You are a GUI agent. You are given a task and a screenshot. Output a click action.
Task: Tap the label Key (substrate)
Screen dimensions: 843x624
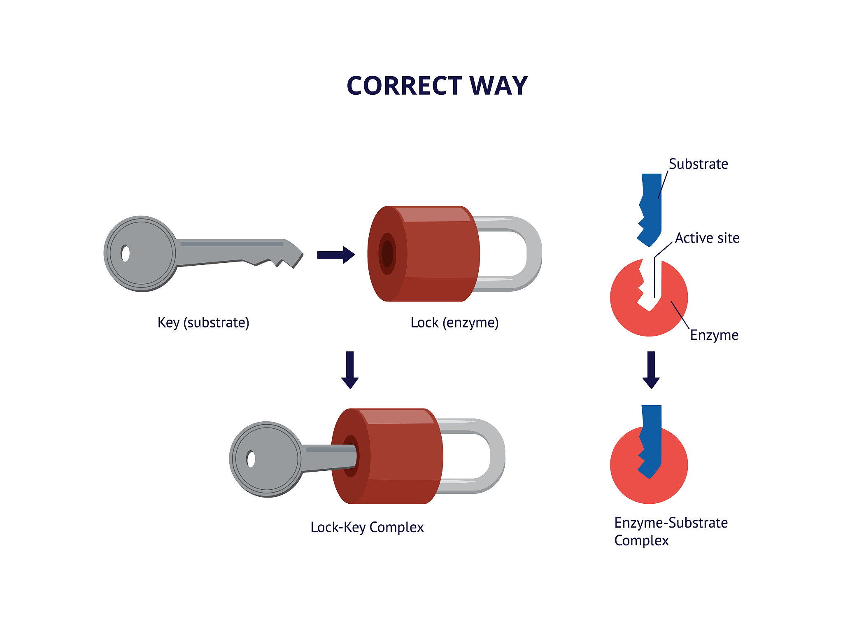tap(203, 323)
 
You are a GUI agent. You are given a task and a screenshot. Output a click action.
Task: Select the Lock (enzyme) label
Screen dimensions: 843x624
tap(454, 323)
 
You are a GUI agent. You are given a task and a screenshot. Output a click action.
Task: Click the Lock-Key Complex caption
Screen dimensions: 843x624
tap(367, 527)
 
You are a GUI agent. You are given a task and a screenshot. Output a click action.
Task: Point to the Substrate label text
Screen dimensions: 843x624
tap(699, 164)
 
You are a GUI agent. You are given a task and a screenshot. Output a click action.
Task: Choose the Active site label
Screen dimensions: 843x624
tap(707, 238)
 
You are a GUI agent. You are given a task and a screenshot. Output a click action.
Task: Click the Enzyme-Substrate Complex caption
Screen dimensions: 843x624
tap(671, 531)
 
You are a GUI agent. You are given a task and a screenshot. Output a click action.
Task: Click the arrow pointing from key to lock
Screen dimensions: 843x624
tap(336, 255)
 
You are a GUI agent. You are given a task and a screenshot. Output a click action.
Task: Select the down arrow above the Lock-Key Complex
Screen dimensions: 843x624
tap(350, 370)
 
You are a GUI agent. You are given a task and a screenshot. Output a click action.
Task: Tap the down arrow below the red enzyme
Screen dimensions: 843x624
tap(651, 370)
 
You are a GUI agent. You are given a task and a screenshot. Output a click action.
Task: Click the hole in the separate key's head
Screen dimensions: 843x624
tap(126, 253)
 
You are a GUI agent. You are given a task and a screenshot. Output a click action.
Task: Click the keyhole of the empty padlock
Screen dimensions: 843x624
tap(387, 254)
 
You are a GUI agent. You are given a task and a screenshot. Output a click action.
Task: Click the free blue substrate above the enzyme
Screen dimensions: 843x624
tap(650, 210)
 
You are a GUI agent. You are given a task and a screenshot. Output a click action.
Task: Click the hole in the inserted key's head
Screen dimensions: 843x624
tap(251, 459)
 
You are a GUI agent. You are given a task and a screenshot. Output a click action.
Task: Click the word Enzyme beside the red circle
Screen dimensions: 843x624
tap(714, 335)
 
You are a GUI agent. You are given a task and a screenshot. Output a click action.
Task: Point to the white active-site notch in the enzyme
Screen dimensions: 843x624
tap(650, 284)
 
